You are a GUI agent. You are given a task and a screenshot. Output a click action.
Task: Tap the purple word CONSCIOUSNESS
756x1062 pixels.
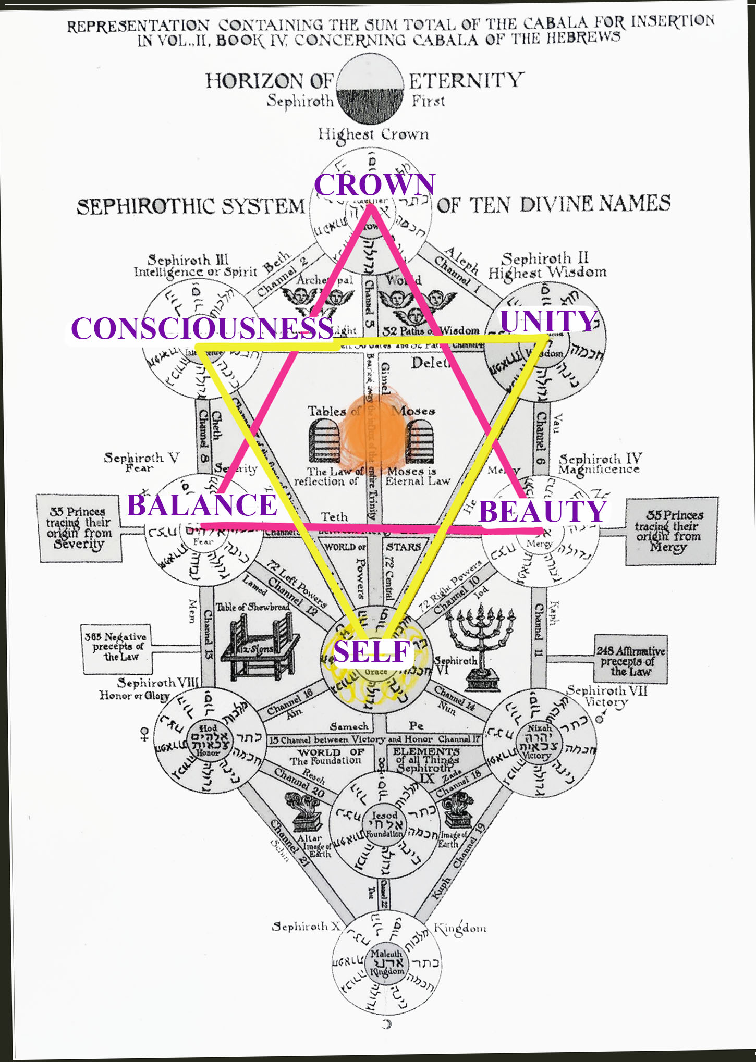pos(202,328)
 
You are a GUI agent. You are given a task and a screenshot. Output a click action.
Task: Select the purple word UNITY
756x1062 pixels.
pos(548,320)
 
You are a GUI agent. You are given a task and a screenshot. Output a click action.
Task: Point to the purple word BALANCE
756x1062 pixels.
pos(202,504)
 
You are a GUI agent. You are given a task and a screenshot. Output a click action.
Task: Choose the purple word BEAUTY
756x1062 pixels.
pos(543,511)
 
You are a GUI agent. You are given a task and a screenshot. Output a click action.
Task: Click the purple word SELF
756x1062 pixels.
pos(372,651)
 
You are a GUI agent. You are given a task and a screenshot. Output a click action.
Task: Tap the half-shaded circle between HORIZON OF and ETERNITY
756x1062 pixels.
pos(371,89)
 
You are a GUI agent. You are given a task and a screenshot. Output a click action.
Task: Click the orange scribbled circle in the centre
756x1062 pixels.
pos(371,430)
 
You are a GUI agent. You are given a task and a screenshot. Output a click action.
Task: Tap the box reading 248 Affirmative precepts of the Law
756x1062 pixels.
pos(631,660)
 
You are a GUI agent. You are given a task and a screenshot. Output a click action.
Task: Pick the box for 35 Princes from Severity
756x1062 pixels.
pos(79,528)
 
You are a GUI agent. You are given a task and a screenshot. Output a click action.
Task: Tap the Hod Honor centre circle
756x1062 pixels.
pos(208,740)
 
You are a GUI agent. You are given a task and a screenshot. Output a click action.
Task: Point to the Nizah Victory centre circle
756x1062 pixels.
pos(538,741)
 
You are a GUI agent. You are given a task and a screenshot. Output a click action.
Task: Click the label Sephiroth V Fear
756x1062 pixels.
pos(141,462)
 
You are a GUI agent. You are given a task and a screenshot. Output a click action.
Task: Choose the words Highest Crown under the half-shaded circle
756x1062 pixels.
pos(374,134)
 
